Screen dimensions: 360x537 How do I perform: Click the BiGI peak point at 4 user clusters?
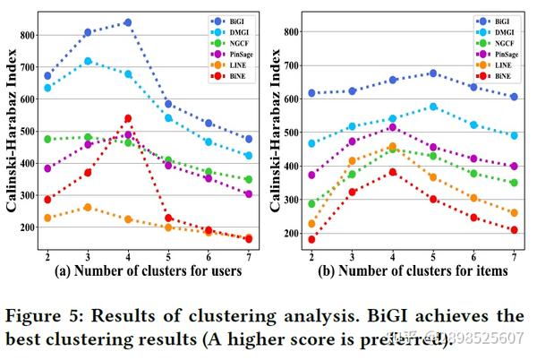point(127,22)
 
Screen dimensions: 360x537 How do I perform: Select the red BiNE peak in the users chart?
point(127,118)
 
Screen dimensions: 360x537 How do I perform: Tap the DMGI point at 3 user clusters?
point(88,61)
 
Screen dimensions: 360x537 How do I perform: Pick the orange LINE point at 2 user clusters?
point(47,218)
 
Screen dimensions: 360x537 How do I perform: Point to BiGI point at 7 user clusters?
point(248,139)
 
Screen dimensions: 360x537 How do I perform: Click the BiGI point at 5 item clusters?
point(432,73)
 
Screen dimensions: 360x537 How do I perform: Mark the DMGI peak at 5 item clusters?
point(432,107)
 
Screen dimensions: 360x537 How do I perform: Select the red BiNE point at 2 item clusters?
point(311,239)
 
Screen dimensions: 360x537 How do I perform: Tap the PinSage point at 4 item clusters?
point(392,128)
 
